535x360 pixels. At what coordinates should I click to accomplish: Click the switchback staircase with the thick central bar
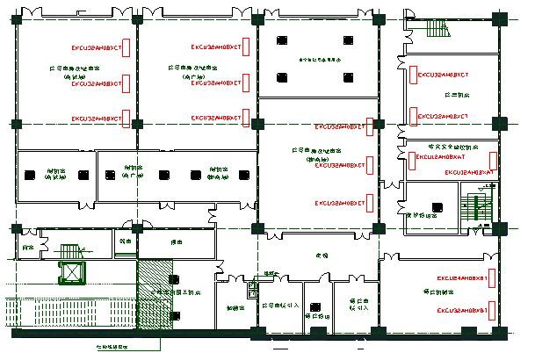pos(478,211)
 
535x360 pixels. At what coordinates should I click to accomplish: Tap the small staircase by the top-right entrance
pos(437,28)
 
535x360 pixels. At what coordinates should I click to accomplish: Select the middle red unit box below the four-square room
pos(371,164)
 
